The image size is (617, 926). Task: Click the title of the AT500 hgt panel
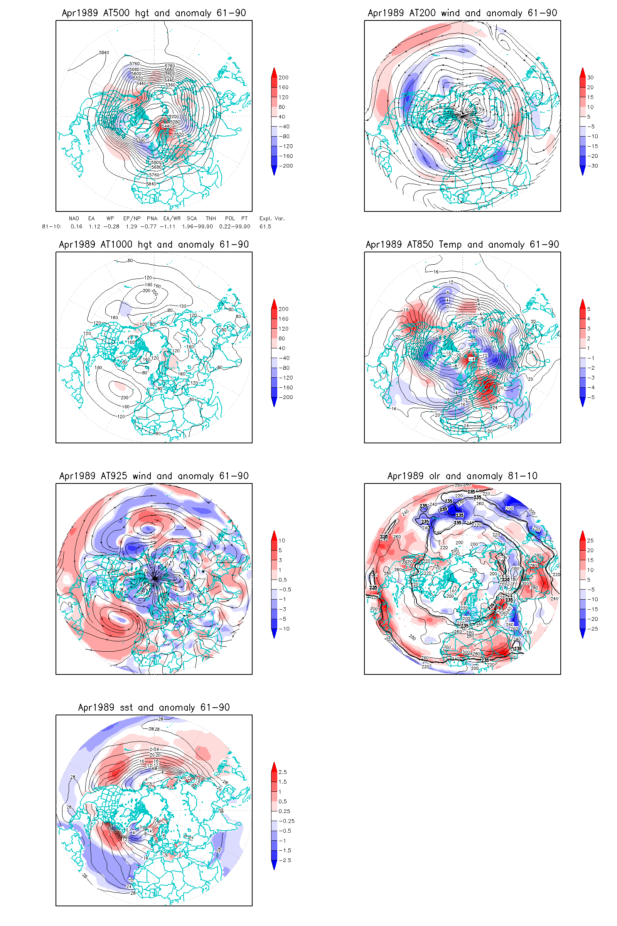[x=154, y=13]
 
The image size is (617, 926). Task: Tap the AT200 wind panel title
[x=462, y=13]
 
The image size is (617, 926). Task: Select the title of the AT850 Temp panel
[x=462, y=245]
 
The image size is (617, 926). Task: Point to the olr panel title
[x=462, y=476]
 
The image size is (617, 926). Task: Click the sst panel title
[x=154, y=708]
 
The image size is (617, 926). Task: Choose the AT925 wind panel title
[x=154, y=476]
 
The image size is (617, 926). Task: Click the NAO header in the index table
[x=74, y=218]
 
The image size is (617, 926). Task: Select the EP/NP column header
[x=132, y=218]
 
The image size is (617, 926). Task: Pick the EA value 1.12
[x=94, y=226]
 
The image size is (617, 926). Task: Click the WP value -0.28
[x=111, y=226]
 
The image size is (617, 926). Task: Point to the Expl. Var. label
[x=272, y=218]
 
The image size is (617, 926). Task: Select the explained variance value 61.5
[x=265, y=226]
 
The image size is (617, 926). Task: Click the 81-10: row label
[x=52, y=226]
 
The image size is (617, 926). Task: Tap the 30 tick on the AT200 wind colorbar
[x=590, y=78]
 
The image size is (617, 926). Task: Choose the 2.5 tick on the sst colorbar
[x=283, y=772]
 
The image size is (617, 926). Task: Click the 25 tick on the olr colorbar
[x=590, y=541]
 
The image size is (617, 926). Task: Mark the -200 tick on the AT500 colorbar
[x=287, y=166]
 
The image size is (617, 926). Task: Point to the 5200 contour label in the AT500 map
[x=174, y=117]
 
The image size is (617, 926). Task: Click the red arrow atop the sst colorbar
[x=274, y=766]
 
